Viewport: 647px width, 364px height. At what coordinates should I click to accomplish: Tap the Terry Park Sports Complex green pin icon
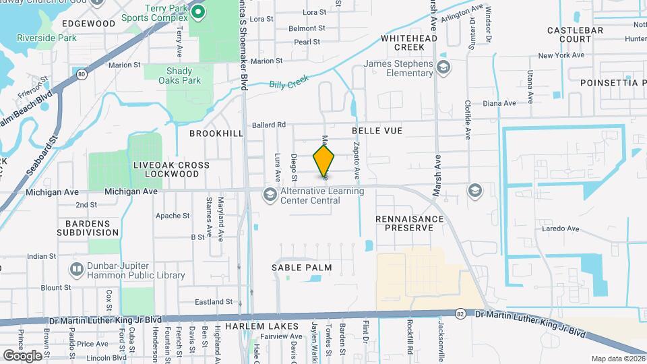(197, 11)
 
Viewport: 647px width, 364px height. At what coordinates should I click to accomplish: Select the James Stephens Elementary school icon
(443, 67)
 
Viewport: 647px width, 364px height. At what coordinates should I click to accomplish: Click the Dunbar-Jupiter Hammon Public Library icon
(76, 270)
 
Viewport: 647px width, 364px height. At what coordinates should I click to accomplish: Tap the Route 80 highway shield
(82, 74)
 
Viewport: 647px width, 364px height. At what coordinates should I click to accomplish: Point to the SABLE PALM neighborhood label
(303, 268)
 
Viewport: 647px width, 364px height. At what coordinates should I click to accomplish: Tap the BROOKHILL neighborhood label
(216, 133)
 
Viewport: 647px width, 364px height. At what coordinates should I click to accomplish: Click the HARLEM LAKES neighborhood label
(252, 326)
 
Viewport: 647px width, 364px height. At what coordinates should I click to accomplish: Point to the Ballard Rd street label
(270, 124)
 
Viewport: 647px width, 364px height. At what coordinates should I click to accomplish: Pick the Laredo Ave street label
(561, 229)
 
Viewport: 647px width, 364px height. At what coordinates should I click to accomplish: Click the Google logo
(22, 355)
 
